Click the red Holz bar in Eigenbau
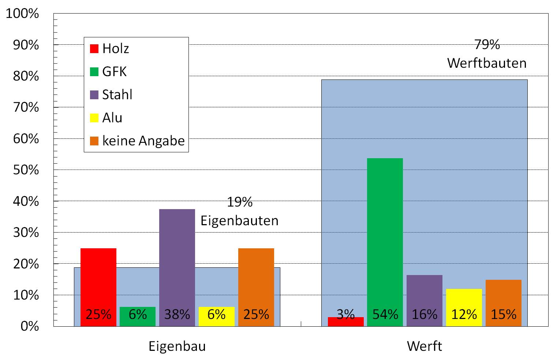coord(98,278)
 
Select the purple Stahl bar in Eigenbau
coord(177,256)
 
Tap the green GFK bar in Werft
coord(385,234)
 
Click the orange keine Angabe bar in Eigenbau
coord(256,278)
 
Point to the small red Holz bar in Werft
coord(345,322)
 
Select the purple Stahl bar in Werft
coord(424,293)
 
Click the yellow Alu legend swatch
coord(94,118)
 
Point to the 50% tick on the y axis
coord(26,170)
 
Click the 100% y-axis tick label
coord(22,14)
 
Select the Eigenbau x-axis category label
coord(177,346)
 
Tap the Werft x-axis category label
coord(425,346)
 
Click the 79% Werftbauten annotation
coord(487,54)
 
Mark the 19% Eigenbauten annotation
coord(240,211)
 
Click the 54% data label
coord(385,314)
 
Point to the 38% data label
coord(177,314)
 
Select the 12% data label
coord(464,314)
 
